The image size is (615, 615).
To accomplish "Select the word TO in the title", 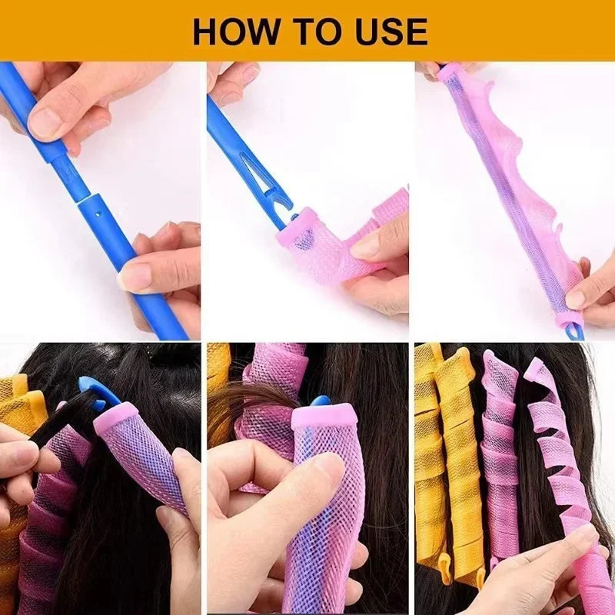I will pyautogui.click(x=311, y=32).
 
